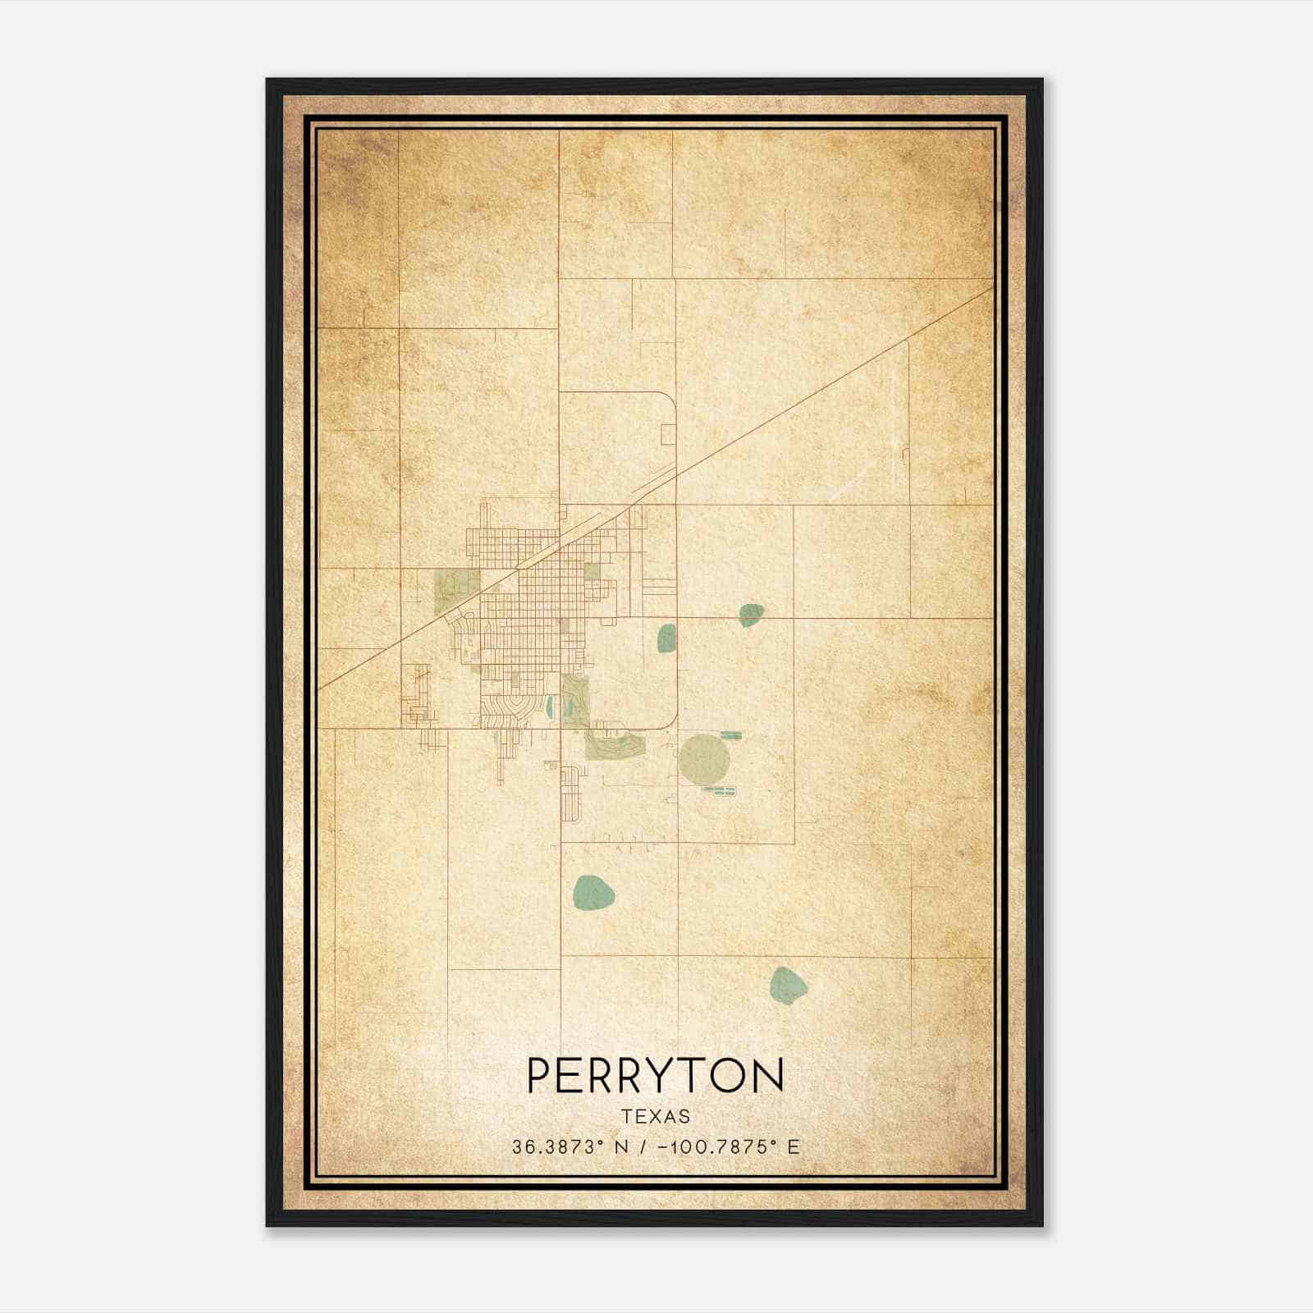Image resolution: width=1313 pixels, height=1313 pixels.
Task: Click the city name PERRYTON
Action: click(x=655, y=1075)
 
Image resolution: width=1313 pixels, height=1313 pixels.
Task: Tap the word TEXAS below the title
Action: click(x=656, y=1116)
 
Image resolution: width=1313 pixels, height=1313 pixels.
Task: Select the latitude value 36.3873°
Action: click(x=558, y=1147)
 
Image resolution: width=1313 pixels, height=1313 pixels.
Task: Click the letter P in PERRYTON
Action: click(x=539, y=1075)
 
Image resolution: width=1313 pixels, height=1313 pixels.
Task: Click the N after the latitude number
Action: click(x=620, y=1147)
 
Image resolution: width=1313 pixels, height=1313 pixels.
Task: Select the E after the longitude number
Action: click(x=793, y=1147)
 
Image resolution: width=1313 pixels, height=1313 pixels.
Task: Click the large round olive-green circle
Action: click(x=702, y=758)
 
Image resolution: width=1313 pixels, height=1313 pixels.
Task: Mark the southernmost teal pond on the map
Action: click(x=788, y=986)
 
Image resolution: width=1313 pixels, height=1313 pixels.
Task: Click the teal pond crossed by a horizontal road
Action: click(x=751, y=615)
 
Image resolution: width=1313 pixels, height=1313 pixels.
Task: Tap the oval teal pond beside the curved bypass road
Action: click(x=666, y=638)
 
